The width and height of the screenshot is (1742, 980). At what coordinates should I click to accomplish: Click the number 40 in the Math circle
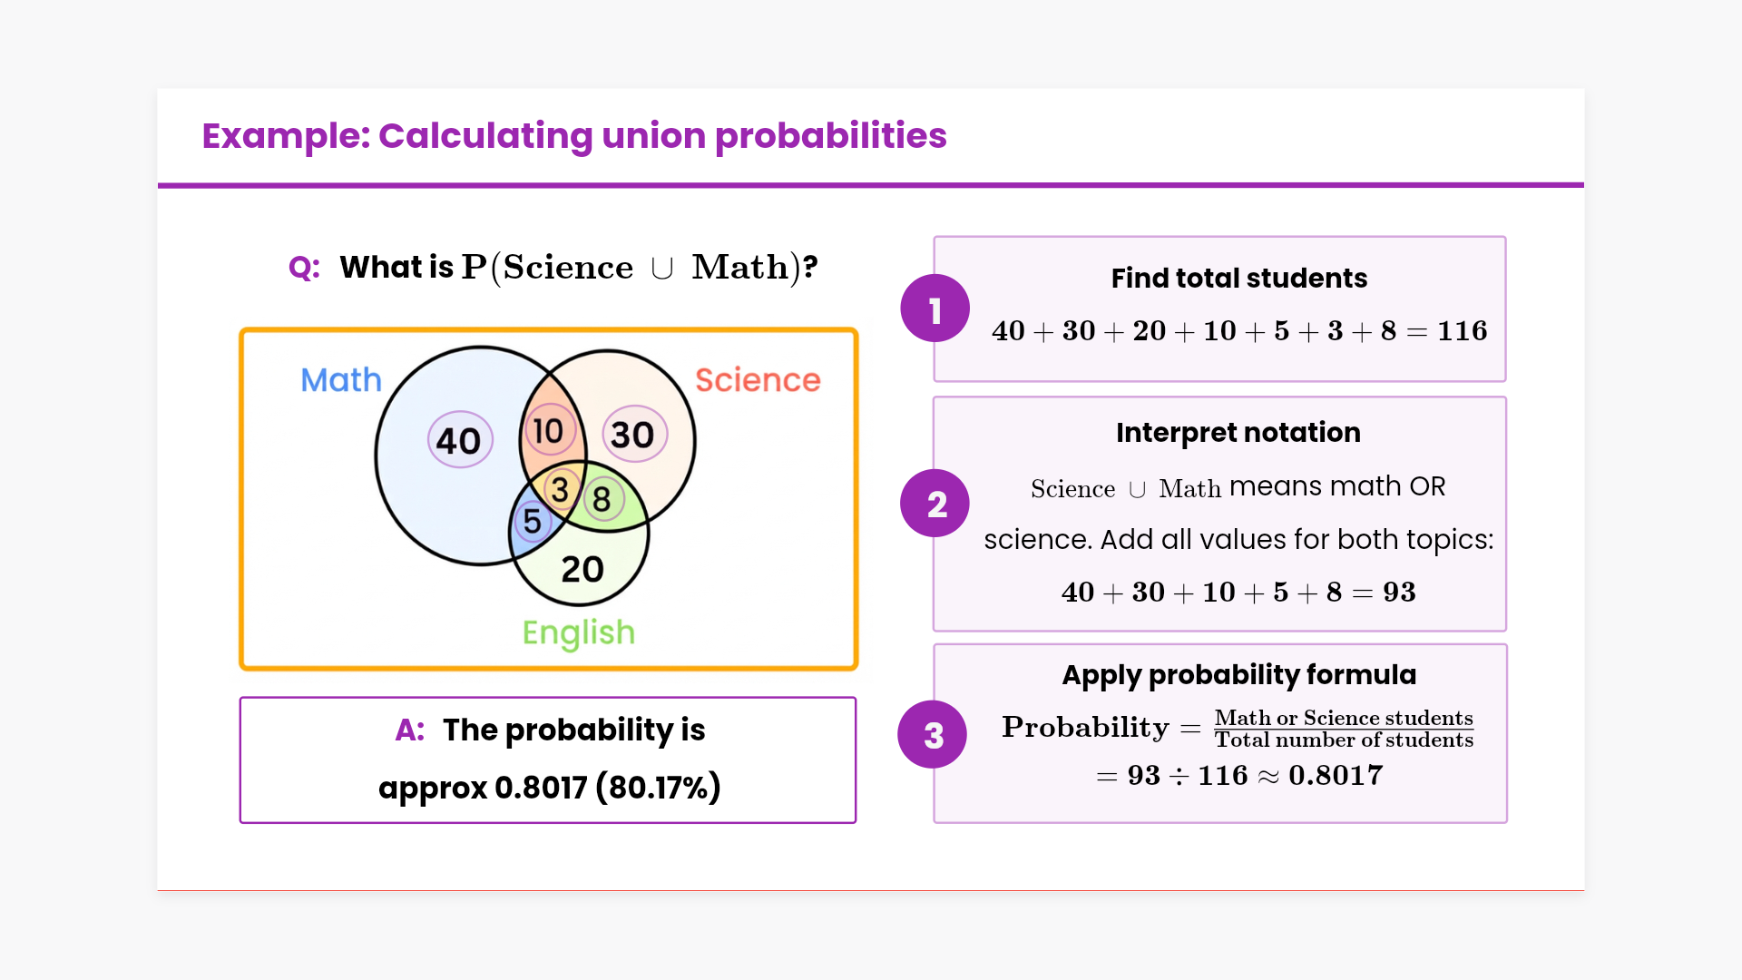(x=458, y=441)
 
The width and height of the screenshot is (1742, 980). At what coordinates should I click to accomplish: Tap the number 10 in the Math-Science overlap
(x=548, y=431)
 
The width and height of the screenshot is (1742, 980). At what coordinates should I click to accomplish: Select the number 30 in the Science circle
(x=632, y=435)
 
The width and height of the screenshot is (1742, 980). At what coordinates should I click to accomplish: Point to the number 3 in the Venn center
(x=560, y=490)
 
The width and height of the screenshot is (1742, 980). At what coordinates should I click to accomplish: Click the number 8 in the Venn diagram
(x=602, y=499)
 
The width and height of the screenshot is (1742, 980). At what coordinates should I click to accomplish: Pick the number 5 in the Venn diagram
(x=533, y=522)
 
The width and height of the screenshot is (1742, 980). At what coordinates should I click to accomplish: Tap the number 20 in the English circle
(x=582, y=569)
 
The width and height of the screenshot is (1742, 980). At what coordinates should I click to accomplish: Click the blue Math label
(x=341, y=379)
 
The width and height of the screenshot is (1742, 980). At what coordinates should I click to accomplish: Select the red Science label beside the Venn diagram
(x=758, y=379)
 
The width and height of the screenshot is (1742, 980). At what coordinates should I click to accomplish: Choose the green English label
(x=579, y=633)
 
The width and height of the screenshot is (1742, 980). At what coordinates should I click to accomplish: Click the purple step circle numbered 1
(x=935, y=309)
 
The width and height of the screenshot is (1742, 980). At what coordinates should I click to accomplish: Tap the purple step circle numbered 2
(x=935, y=504)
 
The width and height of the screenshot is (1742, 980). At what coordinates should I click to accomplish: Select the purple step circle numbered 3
(x=933, y=735)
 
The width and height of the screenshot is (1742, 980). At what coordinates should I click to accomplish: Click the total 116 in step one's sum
(x=1463, y=331)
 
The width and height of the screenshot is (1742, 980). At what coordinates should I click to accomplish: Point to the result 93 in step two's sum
(x=1399, y=593)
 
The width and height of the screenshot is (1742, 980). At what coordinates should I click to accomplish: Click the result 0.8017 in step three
(x=1336, y=776)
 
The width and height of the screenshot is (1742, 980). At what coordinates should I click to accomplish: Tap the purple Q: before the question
(x=304, y=268)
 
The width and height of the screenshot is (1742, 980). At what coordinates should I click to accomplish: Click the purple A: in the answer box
(x=410, y=730)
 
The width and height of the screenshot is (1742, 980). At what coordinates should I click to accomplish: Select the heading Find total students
(x=1239, y=278)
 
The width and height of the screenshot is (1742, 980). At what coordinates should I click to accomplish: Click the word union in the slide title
(x=653, y=136)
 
